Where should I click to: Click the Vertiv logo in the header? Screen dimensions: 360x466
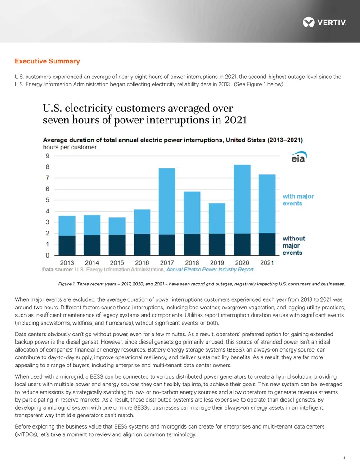(324, 23)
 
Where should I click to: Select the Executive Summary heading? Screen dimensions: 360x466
(48, 61)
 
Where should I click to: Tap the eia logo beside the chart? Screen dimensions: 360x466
(299, 157)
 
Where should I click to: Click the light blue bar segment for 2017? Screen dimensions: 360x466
(167, 202)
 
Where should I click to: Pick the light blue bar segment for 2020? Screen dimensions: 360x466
(242, 199)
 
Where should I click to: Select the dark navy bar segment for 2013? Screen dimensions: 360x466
(67, 246)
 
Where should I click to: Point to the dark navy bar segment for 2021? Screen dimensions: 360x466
(267, 244)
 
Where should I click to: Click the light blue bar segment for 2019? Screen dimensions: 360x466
(217, 218)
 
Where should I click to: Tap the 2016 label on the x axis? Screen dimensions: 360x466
(142, 263)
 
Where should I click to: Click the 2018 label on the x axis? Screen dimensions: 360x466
(192, 263)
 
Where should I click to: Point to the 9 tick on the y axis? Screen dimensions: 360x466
(48, 156)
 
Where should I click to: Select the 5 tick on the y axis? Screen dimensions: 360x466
(48, 200)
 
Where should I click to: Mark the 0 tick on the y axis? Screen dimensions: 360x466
(48, 255)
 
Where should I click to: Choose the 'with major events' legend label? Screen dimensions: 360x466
(298, 200)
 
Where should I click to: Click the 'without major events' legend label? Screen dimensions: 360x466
(294, 245)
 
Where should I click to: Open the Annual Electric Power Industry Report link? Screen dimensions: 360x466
(210, 270)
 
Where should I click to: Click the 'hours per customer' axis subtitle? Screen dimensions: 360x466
(70, 147)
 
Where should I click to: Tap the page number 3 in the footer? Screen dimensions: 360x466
(344, 458)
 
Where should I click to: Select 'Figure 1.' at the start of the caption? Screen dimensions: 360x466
(67, 284)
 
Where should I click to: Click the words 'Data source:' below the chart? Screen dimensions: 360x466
(58, 270)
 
